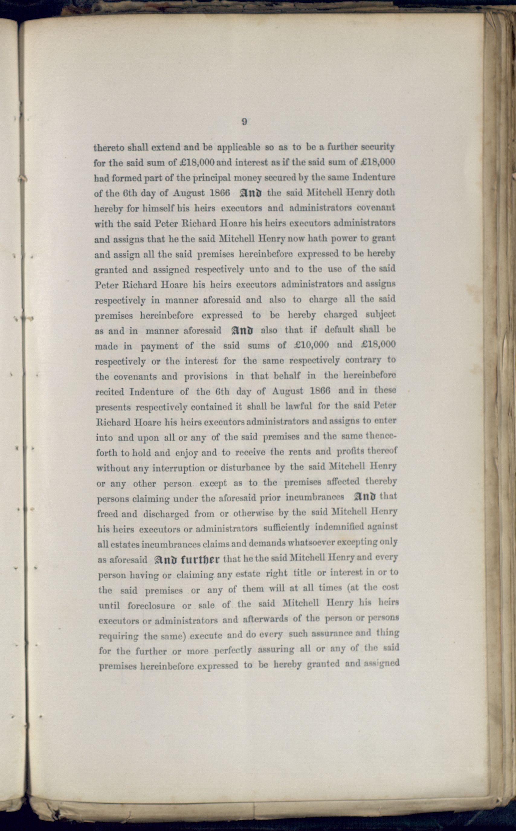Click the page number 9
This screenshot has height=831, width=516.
(x=244, y=122)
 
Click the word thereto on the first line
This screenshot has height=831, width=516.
(x=109, y=148)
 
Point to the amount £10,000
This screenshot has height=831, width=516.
(x=311, y=345)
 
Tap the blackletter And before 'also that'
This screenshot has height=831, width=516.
(x=242, y=330)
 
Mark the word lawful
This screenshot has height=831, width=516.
(x=298, y=406)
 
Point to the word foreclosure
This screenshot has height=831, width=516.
(x=151, y=606)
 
